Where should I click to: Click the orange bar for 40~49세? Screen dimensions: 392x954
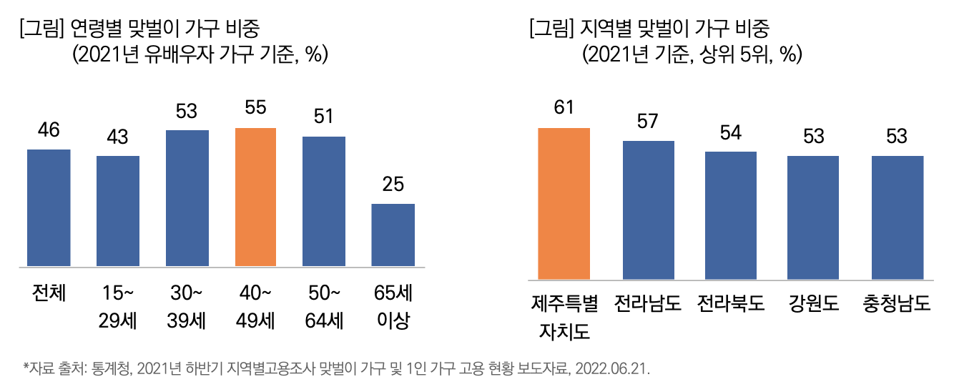255,198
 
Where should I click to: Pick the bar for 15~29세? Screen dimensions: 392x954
118,212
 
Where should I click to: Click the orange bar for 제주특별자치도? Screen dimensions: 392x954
564,204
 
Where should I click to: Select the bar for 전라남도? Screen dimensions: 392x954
649,210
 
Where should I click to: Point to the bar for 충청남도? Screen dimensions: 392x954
898,217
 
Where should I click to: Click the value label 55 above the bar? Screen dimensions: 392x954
255,108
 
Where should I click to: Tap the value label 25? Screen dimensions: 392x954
393,185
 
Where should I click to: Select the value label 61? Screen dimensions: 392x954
564,107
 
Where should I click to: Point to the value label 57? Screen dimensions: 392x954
649,121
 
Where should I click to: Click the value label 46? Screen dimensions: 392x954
49,129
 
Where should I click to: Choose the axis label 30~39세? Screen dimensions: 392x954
187,307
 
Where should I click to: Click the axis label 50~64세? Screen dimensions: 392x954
324,307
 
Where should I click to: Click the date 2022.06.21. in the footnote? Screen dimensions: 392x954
614,369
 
